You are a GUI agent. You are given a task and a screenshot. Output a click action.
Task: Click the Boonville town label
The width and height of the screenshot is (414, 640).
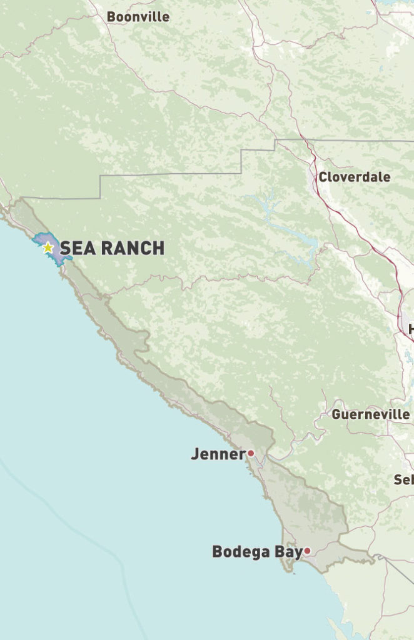point(138,17)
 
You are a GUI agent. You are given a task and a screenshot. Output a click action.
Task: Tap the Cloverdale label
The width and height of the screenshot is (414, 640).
point(354,177)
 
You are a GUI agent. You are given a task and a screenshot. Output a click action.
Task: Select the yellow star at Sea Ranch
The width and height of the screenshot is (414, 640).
point(48,247)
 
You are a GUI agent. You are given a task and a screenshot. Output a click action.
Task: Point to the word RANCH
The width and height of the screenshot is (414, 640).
point(132,248)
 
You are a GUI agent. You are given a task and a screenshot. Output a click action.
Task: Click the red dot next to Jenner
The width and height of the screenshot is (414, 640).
point(251,453)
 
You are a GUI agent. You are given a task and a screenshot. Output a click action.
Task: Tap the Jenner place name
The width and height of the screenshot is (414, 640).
point(218,454)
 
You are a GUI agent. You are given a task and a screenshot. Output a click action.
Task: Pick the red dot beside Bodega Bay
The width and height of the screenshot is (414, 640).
point(308,551)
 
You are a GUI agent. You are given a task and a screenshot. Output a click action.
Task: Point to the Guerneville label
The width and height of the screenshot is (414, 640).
point(370,414)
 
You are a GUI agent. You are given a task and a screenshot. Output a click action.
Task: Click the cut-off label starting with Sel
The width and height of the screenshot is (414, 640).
point(403,480)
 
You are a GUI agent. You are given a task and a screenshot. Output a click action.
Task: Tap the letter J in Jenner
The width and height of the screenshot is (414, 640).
point(195,454)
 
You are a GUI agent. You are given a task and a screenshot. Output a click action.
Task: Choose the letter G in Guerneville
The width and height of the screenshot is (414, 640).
point(336,414)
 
